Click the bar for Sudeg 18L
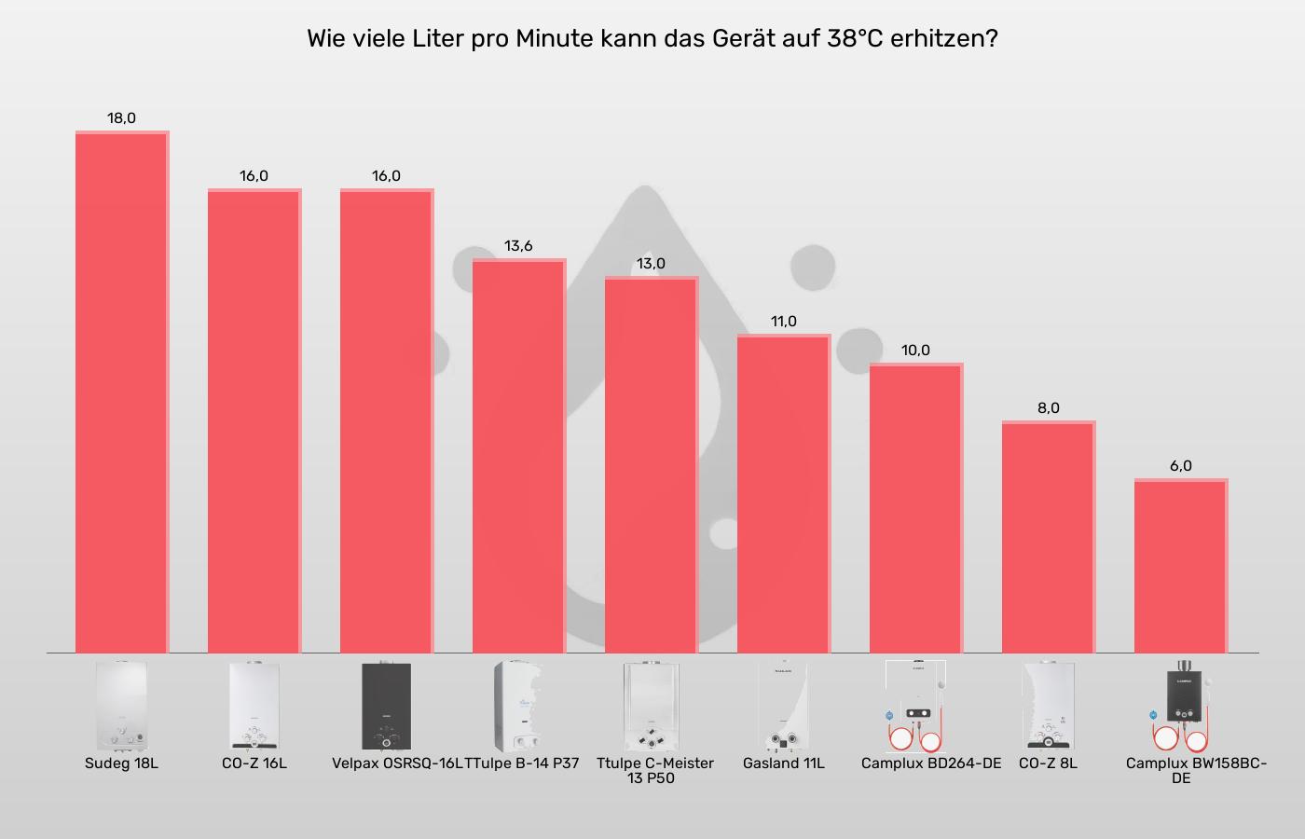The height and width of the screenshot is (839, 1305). pyautogui.click(x=121, y=392)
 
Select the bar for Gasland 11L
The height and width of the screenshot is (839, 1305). pyautogui.click(x=783, y=494)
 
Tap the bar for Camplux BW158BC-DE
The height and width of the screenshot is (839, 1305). pyautogui.click(x=1180, y=566)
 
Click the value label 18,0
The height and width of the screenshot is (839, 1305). pyautogui.click(x=121, y=118)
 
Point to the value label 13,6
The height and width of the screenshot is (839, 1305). pyautogui.click(x=518, y=246)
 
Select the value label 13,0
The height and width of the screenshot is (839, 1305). pyautogui.click(x=651, y=264)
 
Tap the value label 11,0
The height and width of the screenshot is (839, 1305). pyautogui.click(x=783, y=322)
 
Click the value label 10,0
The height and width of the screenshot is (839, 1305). pyautogui.click(x=915, y=351)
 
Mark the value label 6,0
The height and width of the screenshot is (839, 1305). pyautogui.click(x=1180, y=466)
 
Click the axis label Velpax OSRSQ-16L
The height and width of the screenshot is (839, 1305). pyautogui.click(x=396, y=763)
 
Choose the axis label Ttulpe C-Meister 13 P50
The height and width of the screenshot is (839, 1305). pyautogui.click(x=654, y=771)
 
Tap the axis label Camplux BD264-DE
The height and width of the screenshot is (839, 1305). pyautogui.click(x=930, y=763)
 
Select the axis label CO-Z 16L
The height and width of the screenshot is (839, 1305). pyautogui.click(x=254, y=763)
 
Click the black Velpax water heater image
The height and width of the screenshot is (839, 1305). pyautogui.click(x=386, y=706)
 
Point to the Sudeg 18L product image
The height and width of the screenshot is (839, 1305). pyautogui.click(x=121, y=706)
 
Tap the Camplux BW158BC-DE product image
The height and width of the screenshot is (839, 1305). pyautogui.click(x=1180, y=706)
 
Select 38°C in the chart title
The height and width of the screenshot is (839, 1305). pyautogui.click(x=855, y=39)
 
